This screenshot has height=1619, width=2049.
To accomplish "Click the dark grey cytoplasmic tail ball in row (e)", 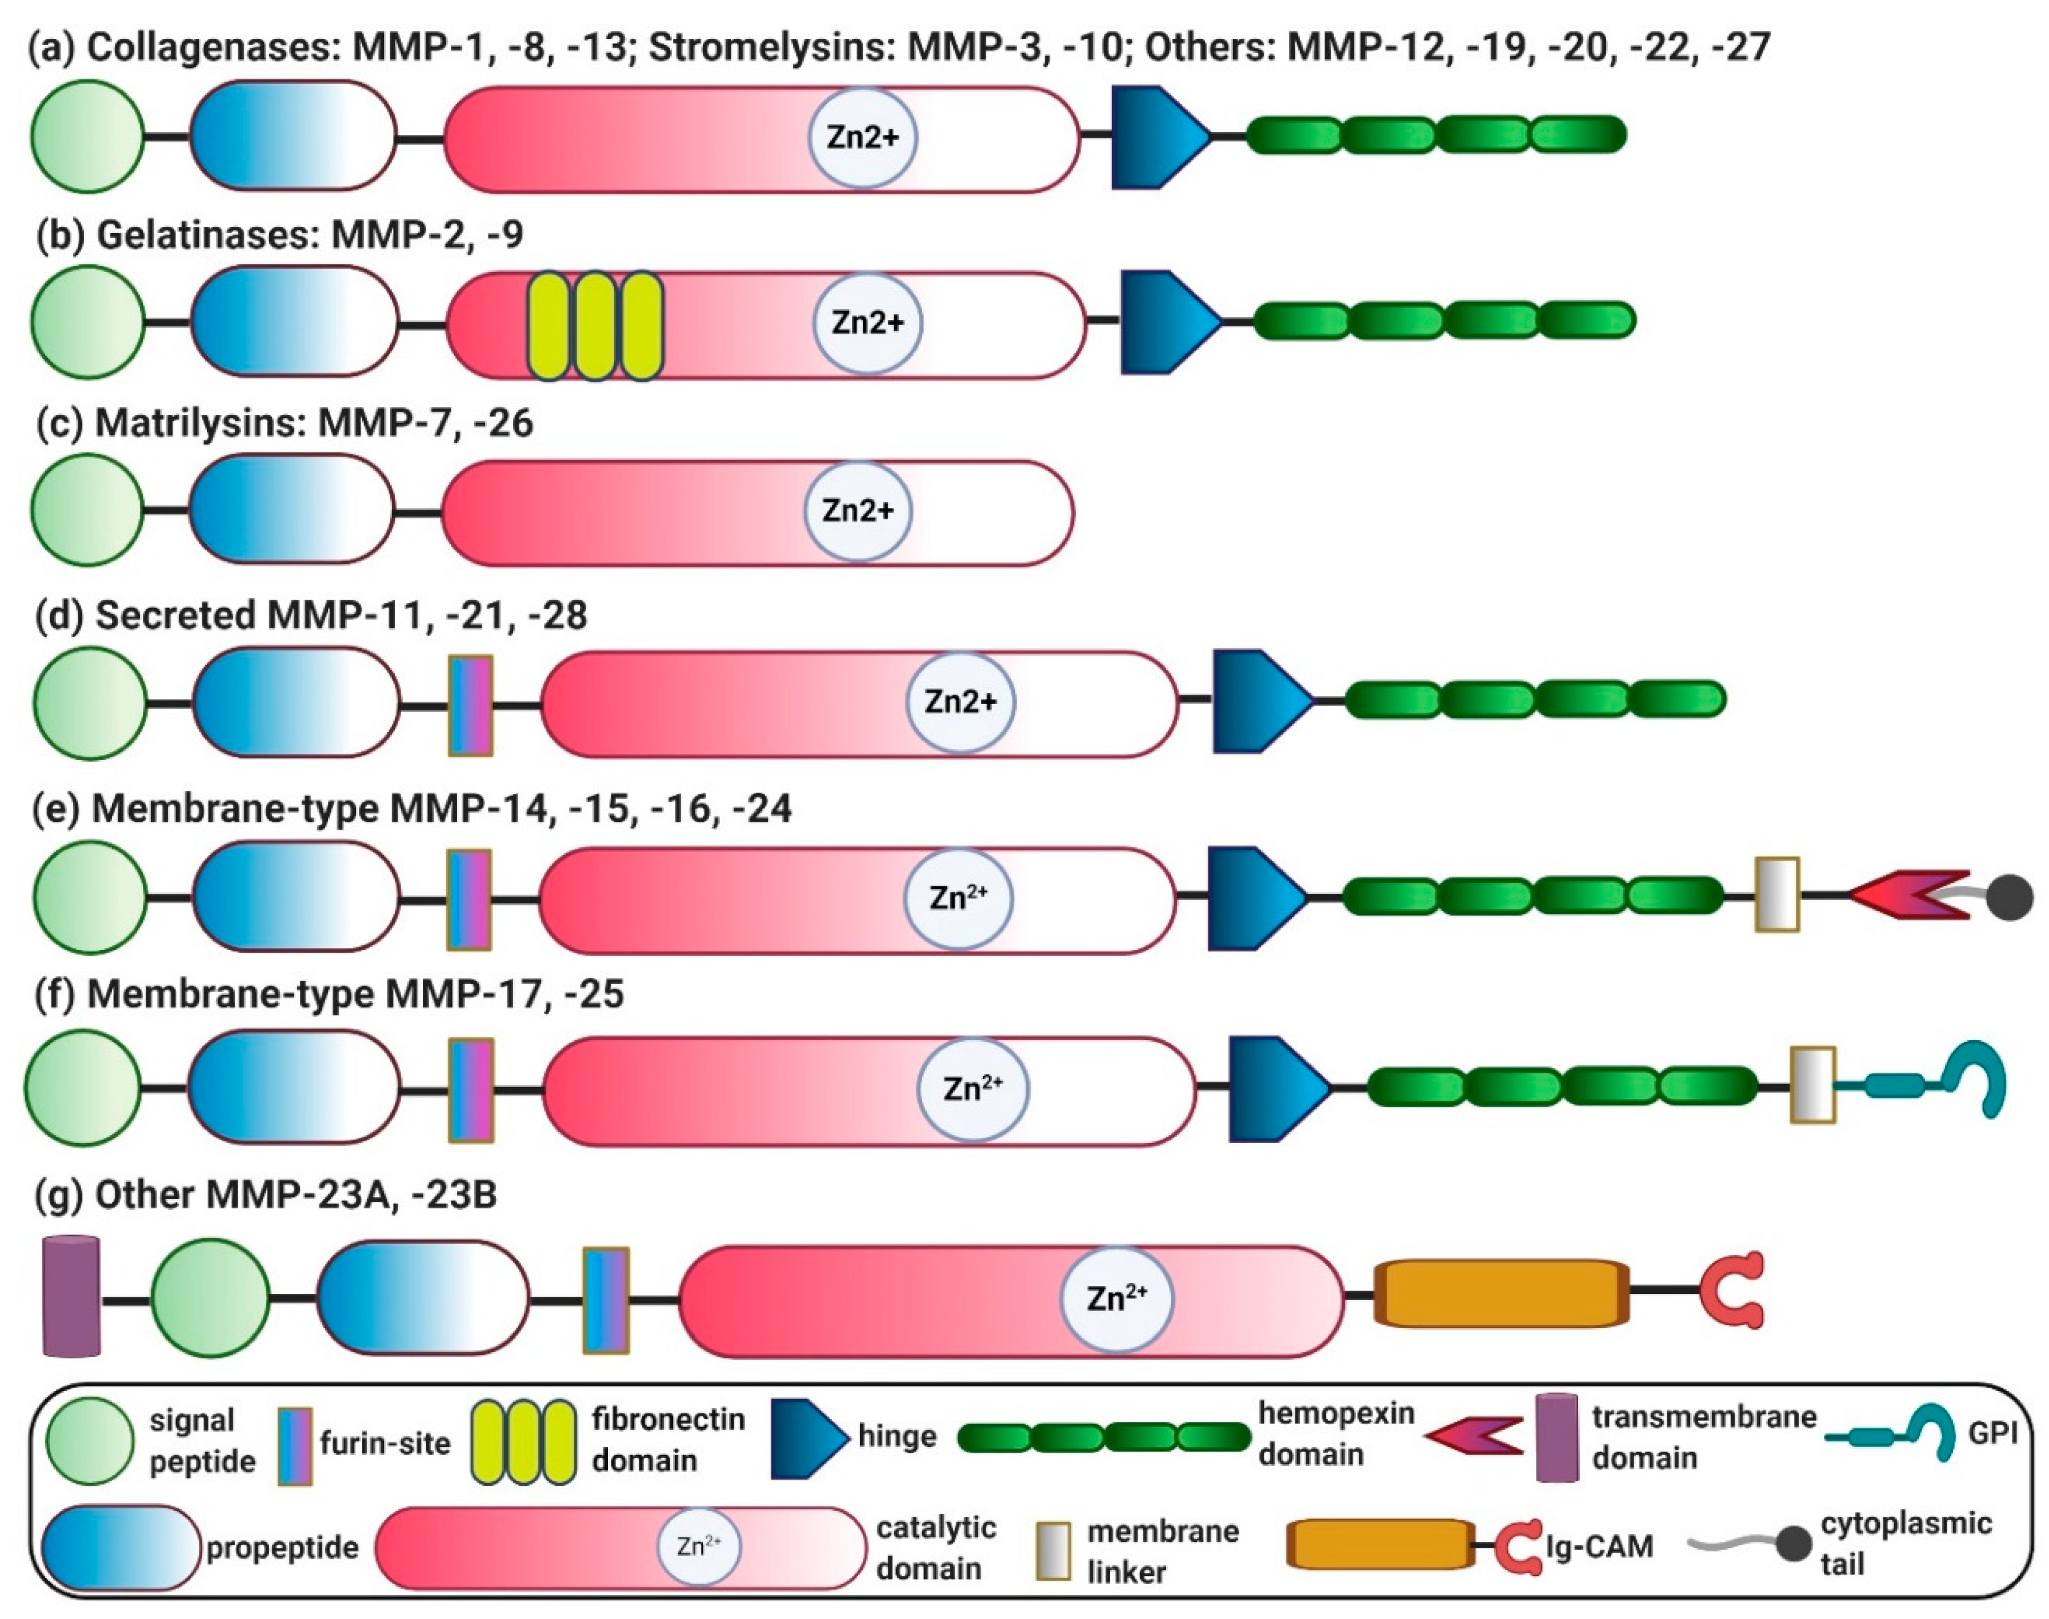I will click(x=2009, y=897).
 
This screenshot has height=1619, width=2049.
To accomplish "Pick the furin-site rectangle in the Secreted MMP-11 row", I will click(x=470, y=704).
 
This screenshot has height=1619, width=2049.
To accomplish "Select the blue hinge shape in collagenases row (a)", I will click(x=1154, y=138).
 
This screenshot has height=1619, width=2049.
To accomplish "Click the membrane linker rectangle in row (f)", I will click(x=1812, y=1085).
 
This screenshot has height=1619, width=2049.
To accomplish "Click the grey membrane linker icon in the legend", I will click(x=1053, y=1551).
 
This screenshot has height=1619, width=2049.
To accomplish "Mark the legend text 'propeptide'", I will click(x=282, y=1548).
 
